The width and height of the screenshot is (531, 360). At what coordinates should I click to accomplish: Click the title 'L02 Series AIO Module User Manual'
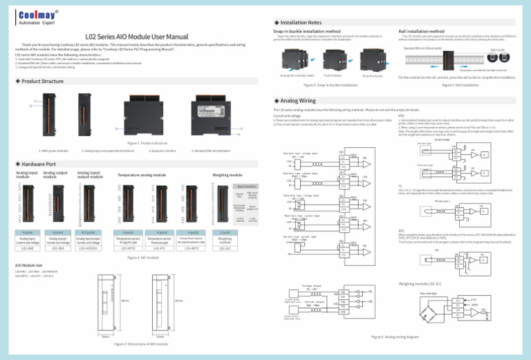point(136,36)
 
